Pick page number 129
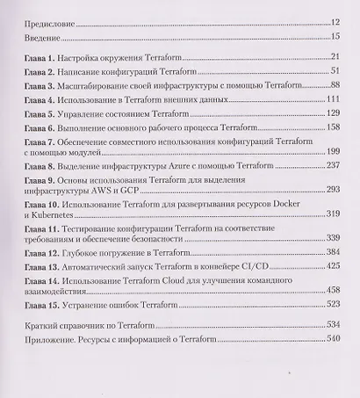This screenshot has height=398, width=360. pyautogui.click(x=332, y=113)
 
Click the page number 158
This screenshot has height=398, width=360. pyautogui.click(x=332, y=127)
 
